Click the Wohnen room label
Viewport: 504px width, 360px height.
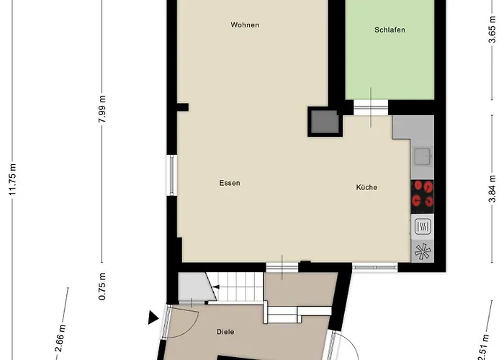(245, 25)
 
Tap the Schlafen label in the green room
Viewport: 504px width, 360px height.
(390, 30)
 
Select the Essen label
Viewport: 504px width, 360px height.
(230, 183)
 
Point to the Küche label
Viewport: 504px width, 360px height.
(366, 187)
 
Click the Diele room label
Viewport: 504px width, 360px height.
(227, 332)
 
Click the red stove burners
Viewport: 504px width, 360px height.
(423, 193)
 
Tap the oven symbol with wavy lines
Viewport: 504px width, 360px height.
(423, 226)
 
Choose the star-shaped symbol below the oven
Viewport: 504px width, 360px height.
(423, 251)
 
